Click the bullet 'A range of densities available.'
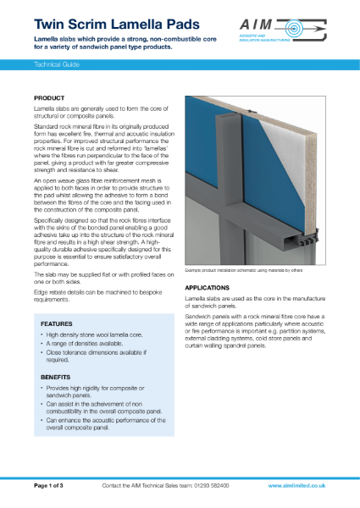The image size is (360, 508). coord(89,347)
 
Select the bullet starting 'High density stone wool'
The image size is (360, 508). coord(97,337)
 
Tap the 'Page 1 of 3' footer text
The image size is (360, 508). coord(55,486)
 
